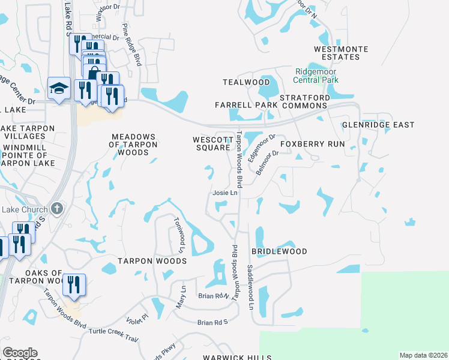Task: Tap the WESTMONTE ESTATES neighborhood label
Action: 337,53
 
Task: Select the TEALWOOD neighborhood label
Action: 246,82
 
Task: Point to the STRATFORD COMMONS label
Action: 304,101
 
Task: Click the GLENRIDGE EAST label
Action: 378,125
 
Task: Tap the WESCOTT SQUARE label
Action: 211,143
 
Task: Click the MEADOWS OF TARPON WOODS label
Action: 133,145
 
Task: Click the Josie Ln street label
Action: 225,193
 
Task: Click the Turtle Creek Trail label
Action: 113,335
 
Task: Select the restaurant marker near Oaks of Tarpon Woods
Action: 74,284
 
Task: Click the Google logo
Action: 20,353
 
